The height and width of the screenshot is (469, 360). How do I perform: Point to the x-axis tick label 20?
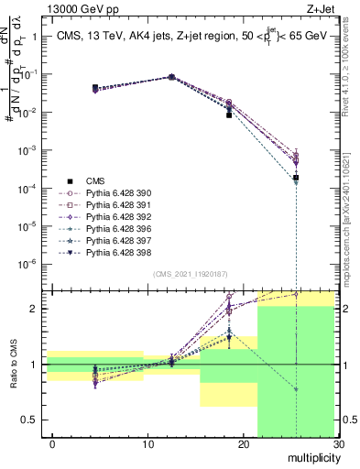pyautogui.click(x=244, y=444)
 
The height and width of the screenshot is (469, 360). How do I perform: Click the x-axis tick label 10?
pyautogui.click(x=147, y=444)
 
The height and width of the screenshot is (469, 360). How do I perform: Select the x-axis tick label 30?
pyautogui.click(x=338, y=444)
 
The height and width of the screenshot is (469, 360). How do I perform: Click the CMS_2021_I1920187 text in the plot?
pyautogui.click(x=189, y=274)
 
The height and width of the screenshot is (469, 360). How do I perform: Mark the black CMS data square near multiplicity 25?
pyautogui.click(x=296, y=178)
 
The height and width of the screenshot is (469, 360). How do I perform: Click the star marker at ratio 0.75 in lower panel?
pyautogui.click(x=296, y=389)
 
